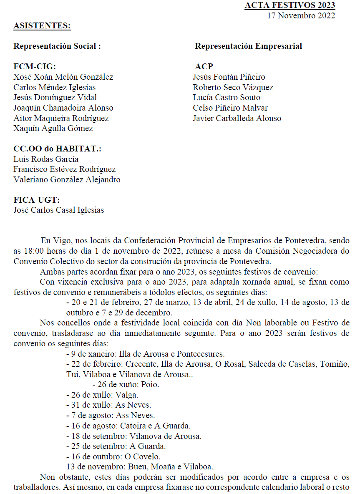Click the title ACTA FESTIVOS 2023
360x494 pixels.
pos(290,5)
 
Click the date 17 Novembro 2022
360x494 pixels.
pos(301,16)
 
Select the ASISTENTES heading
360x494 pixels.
pos(42,26)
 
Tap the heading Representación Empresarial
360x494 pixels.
pos(248,46)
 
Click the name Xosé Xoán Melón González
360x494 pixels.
pos(63,77)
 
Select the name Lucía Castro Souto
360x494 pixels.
pos(227,98)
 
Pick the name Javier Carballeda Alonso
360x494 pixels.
pos(237,118)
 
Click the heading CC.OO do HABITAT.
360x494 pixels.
pos(58,149)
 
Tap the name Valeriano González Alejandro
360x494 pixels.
pos(67,180)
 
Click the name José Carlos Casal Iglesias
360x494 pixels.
pos(59,210)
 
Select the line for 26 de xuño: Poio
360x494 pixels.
pos(126,385)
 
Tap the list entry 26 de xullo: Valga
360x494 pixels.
pos(102,395)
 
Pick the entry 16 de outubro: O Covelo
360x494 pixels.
pos(113,456)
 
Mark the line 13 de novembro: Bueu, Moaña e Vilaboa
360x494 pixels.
pos(140,466)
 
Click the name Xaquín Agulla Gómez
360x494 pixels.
pos(53,129)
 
